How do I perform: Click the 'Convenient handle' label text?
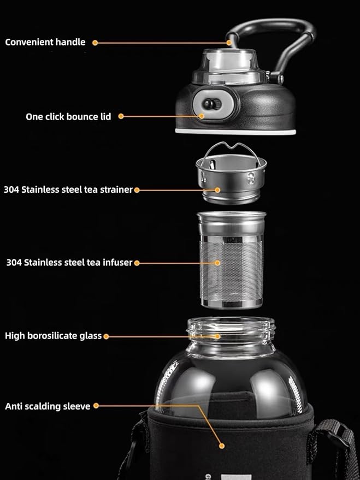point(45,42)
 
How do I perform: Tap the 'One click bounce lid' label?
point(68,116)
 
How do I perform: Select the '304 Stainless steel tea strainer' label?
point(68,190)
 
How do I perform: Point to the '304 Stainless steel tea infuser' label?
point(69,263)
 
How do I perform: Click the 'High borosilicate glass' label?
point(54,336)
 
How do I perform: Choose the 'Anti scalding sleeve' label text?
point(48,406)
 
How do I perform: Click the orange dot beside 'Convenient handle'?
point(95,42)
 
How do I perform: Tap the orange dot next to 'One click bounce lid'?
point(121,116)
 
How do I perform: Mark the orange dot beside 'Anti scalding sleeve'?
point(96,406)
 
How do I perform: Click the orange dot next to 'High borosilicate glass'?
point(106,336)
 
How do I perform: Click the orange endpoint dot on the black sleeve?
point(222,446)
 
